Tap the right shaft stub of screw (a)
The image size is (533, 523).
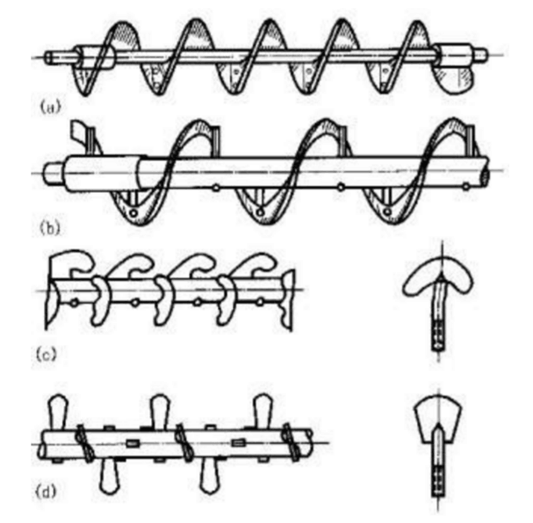(479, 55)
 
